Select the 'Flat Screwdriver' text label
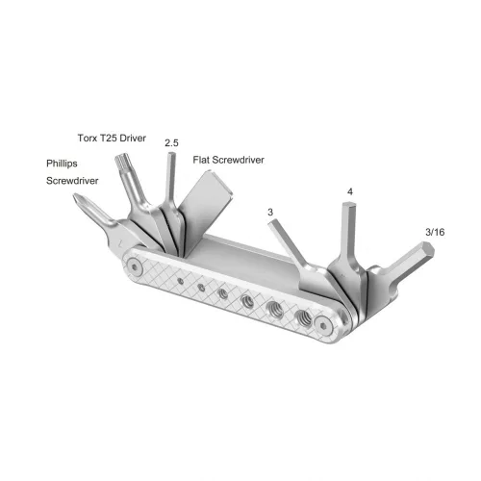(x=227, y=159)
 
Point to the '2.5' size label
(x=172, y=142)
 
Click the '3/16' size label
(x=434, y=232)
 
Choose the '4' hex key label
(x=349, y=191)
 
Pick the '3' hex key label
(x=271, y=211)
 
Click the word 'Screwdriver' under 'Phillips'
(x=75, y=180)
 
